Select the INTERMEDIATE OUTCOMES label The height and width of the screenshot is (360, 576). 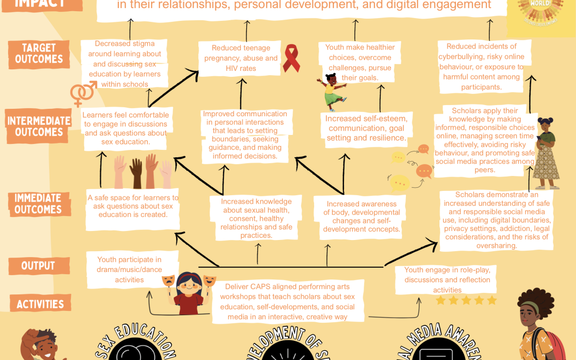(38, 126)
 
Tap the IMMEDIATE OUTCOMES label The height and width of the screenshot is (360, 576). (38, 204)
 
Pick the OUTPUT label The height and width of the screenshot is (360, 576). (38, 266)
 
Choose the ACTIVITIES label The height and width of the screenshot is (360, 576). (40, 304)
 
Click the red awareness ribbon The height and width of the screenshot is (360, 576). (291, 58)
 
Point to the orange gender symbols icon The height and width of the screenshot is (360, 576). (83, 94)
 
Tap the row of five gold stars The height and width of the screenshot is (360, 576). (466, 300)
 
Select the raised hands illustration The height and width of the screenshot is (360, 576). (142, 172)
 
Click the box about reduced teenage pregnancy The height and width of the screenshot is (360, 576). (241, 59)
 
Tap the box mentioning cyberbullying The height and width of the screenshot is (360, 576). (482, 67)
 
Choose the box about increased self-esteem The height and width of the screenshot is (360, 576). (366, 128)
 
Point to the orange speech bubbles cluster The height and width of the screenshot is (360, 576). (410, 166)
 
